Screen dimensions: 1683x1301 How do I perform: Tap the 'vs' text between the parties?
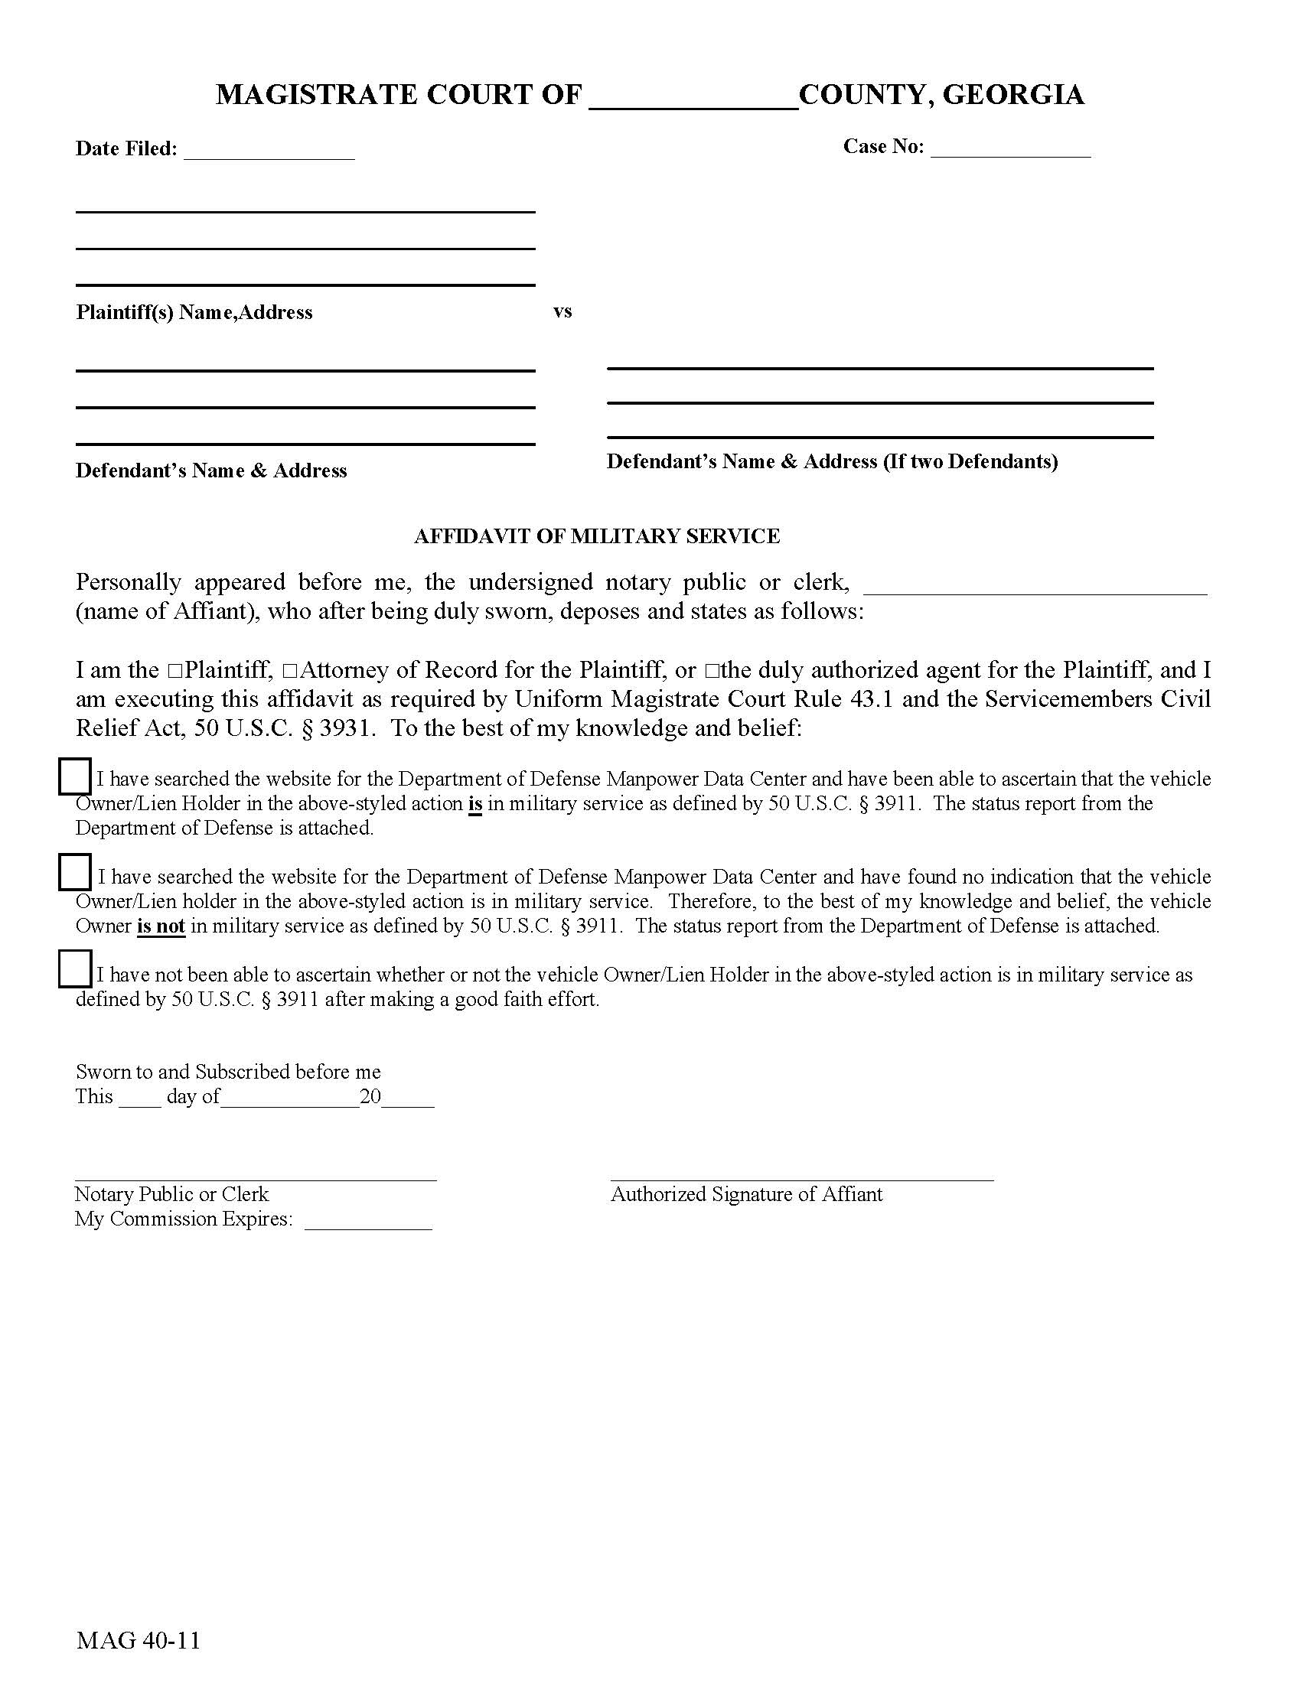pos(562,312)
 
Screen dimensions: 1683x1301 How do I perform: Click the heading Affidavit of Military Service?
pos(597,536)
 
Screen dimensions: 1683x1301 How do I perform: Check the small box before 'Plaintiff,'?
pos(174,671)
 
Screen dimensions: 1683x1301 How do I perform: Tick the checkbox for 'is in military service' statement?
pos(75,776)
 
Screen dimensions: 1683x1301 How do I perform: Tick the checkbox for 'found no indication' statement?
pos(75,872)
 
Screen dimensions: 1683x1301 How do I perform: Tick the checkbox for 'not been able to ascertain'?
pos(75,969)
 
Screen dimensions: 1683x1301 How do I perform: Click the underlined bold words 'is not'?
pos(161,926)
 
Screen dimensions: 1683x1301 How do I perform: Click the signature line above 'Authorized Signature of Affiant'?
pos(801,1178)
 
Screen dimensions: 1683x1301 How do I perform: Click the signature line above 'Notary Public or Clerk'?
pos(255,1178)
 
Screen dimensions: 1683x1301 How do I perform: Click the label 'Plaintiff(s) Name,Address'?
pos(194,312)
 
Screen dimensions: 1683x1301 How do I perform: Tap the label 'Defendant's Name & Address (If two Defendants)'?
pos(832,461)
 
